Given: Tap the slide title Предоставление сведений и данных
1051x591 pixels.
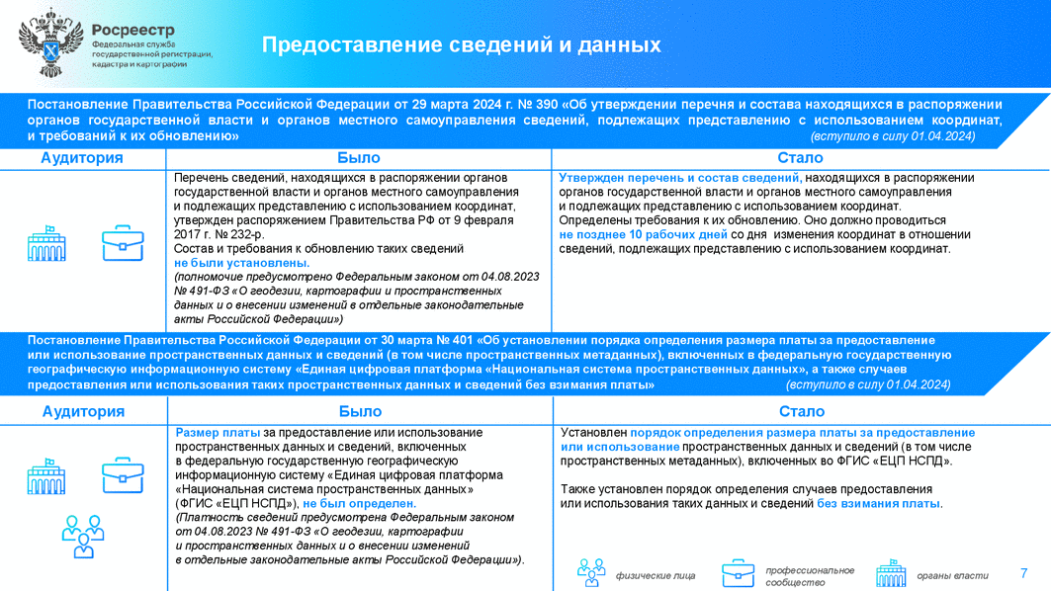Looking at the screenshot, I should click(461, 45).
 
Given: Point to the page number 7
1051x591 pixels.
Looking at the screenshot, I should click(1023, 573).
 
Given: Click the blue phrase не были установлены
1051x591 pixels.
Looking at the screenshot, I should click(241, 264).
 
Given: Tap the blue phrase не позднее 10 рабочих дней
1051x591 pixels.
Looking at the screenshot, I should click(643, 235).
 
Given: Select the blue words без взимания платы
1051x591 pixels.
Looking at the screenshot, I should click(878, 504).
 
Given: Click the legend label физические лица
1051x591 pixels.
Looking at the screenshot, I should click(656, 575).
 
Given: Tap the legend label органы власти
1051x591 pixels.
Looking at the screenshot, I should click(952, 575).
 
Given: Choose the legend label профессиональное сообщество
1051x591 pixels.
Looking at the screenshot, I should click(809, 576).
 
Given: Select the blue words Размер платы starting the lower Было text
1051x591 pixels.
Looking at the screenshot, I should click(218, 433).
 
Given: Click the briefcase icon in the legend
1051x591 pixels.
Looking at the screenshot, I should click(738, 573).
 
